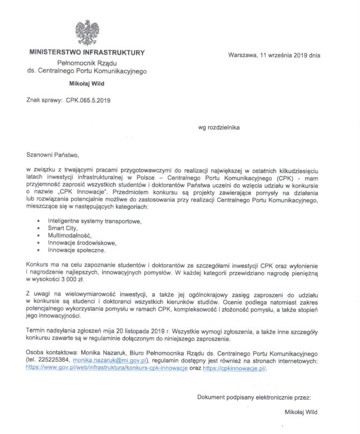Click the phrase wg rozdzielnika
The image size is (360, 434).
pyautogui.click(x=219, y=128)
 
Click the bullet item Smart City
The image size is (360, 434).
pyautogui.click(x=62, y=228)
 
